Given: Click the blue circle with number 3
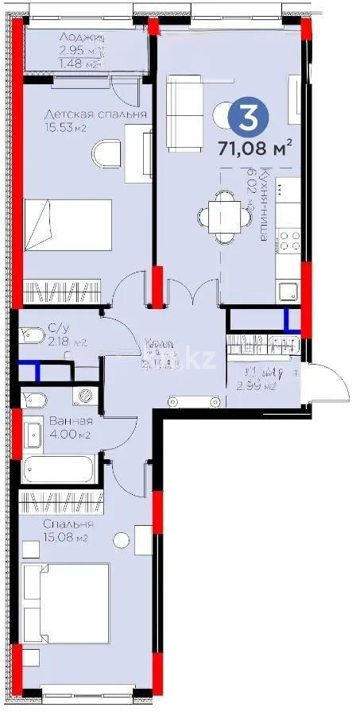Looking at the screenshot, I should (x=249, y=117).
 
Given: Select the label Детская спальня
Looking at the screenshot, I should (x=95, y=114).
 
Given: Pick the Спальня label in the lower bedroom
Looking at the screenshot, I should (x=70, y=524).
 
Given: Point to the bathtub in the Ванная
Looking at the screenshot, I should (x=60, y=469).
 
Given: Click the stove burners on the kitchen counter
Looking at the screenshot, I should (x=287, y=238).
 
